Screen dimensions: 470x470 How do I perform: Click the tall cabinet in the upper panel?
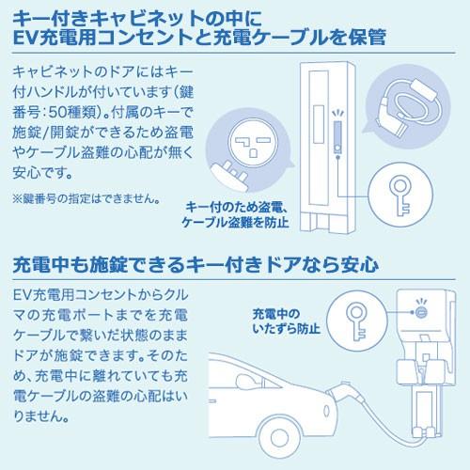pos(322,150)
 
